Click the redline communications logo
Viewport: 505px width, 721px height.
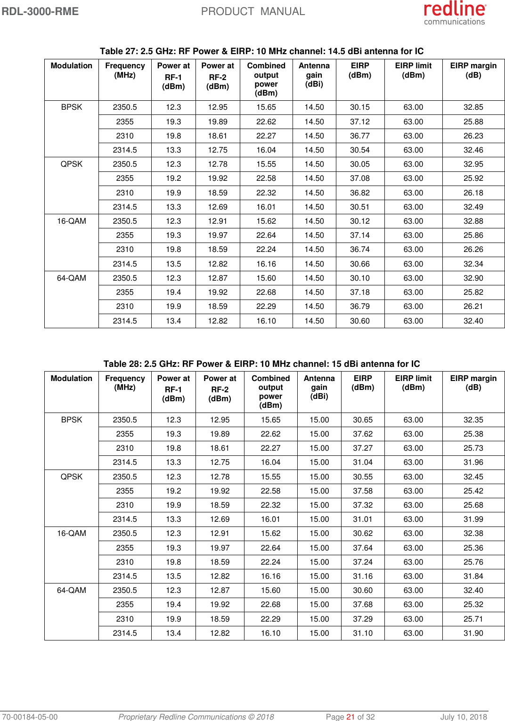click(x=455, y=13)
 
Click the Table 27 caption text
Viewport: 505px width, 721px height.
click(x=261, y=51)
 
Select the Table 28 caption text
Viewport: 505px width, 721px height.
click(x=261, y=364)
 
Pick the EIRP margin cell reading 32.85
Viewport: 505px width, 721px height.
click(x=473, y=107)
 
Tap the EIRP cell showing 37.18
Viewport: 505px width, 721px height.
click(x=360, y=292)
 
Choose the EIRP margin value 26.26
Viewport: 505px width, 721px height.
click(x=473, y=249)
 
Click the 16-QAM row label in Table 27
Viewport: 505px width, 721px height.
click(x=72, y=221)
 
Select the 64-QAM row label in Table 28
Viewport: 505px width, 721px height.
click(x=72, y=590)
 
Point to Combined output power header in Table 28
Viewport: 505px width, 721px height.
click(x=270, y=391)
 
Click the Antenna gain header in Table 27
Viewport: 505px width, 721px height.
click(x=314, y=74)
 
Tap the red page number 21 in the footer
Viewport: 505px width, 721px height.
click(x=350, y=717)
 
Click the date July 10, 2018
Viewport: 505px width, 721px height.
click(x=464, y=717)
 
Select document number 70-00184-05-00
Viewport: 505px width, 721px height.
click(x=30, y=717)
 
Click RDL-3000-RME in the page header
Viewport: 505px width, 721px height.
click(x=40, y=11)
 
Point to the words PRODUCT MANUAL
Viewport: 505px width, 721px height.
click(x=253, y=11)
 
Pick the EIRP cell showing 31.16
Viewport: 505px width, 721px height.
click(x=363, y=576)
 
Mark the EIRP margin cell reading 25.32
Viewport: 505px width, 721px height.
click(x=473, y=604)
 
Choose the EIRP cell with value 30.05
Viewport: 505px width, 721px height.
click(x=360, y=164)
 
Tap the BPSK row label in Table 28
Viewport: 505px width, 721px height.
click(x=72, y=420)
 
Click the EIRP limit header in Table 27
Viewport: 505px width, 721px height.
click(x=413, y=70)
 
